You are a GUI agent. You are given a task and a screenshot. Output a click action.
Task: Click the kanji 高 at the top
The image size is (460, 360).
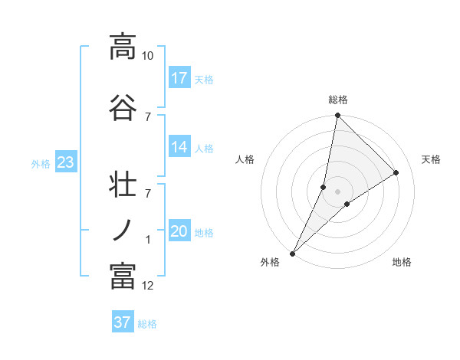click(x=123, y=46)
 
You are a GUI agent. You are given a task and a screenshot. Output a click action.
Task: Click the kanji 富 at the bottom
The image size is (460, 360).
click(x=123, y=276)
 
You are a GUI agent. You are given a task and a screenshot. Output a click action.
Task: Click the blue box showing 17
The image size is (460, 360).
click(x=179, y=78)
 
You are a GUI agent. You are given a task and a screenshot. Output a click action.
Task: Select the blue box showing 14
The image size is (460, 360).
click(x=179, y=148)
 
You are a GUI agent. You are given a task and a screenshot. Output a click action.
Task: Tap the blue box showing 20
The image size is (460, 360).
click(x=179, y=232)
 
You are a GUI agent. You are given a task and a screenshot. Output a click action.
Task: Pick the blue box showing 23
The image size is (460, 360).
click(x=65, y=162)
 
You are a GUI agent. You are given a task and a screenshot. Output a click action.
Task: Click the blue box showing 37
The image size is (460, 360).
click(x=123, y=322)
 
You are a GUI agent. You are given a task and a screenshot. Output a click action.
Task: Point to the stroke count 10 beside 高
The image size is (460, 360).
click(x=148, y=56)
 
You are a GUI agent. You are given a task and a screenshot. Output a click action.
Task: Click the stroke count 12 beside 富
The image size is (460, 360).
click(x=148, y=286)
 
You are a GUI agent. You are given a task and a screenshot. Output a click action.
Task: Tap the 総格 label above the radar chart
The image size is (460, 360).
click(x=338, y=100)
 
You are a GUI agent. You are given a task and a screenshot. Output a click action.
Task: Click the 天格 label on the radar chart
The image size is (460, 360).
click(x=432, y=159)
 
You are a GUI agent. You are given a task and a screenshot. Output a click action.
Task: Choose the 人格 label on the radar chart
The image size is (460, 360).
click(x=245, y=159)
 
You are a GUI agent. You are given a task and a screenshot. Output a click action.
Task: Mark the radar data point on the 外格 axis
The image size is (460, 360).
click(x=292, y=254)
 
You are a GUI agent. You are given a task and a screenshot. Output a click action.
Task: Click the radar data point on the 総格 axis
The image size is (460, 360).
click(x=337, y=115)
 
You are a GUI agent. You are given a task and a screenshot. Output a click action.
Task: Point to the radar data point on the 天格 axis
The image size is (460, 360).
click(x=396, y=173)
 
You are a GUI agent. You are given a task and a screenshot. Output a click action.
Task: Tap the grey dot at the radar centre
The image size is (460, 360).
click(x=337, y=191)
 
